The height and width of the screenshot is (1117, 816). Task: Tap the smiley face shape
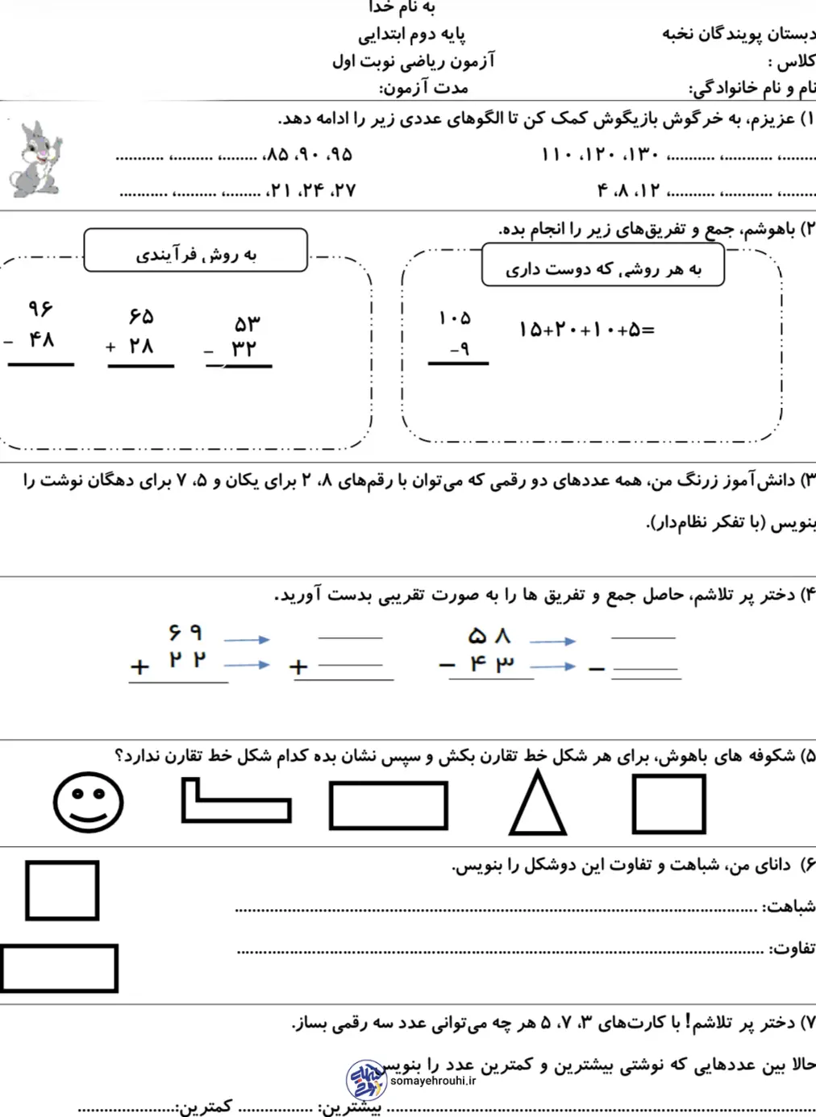(x=88, y=802)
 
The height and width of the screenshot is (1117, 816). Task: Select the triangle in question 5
(x=538, y=803)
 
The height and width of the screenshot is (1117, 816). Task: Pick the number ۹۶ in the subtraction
(x=40, y=309)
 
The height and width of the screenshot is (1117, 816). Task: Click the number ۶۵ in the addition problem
(x=140, y=316)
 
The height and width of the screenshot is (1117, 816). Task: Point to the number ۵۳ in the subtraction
(x=247, y=324)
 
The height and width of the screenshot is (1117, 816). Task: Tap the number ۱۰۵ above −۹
(x=455, y=318)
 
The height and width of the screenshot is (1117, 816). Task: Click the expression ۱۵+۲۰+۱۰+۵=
(x=586, y=330)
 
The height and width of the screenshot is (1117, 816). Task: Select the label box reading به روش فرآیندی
(x=195, y=251)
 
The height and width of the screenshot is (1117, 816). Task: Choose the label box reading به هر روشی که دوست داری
(x=602, y=267)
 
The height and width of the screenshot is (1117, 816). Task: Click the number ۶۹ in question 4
(x=185, y=633)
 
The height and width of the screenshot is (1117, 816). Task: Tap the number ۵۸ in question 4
(x=489, y=637)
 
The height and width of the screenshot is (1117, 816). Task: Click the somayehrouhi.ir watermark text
(x=433, y=1081)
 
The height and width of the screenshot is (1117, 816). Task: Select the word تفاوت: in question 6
(x=791, y=948)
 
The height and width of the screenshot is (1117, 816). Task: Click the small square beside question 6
(x=62, y=891)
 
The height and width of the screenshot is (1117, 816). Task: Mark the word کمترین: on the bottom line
(x=204, y=1107)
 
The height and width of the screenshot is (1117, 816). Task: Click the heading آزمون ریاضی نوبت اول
(x=414, y=61)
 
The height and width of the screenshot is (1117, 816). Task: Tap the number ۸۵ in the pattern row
(x=277, y=154)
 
